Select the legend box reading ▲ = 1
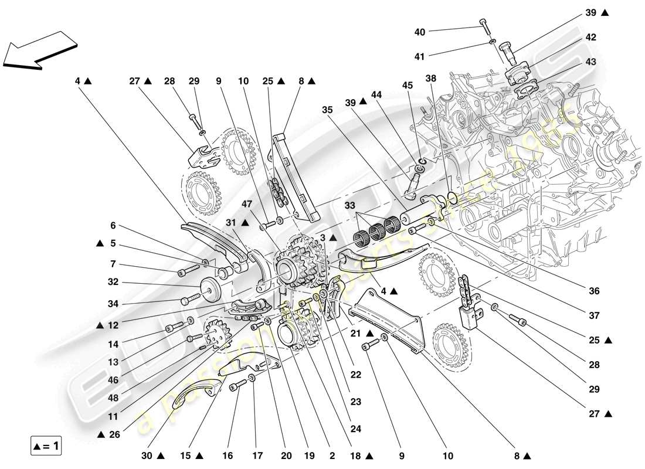(46, 446)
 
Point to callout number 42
(590, 38)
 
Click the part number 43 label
(590, 62)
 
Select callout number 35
(327, 109)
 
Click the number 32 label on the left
(114, 281)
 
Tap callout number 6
(114, 225)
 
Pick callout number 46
(114, 380)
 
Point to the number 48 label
(114, 398)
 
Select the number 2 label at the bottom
(332, 455)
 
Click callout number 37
(594, 315)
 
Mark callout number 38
(432, 77)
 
